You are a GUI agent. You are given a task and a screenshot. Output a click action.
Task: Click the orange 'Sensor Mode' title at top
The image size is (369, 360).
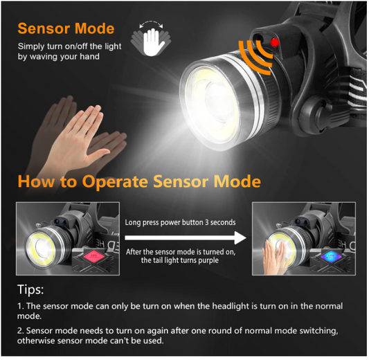tap(66, 28)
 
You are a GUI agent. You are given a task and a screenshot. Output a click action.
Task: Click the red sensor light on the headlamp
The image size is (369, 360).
tap(274, 43)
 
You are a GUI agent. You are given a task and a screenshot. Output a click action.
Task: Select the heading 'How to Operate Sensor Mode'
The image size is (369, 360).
tap(139, 181)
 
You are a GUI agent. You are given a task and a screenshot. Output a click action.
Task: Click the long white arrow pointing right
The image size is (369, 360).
tap(186, 237)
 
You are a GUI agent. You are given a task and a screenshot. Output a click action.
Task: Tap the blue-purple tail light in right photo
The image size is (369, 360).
tap(331, 256)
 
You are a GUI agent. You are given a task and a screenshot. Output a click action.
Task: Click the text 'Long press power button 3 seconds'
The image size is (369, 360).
tap(180, 222)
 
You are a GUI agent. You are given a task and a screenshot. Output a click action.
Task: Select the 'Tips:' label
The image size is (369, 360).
tap(30, 289)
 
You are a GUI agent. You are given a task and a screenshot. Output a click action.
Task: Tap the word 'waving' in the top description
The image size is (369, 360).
tap(44, 57)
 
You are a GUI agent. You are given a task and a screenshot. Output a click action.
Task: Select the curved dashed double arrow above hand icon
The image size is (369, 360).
tap(151, 24)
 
